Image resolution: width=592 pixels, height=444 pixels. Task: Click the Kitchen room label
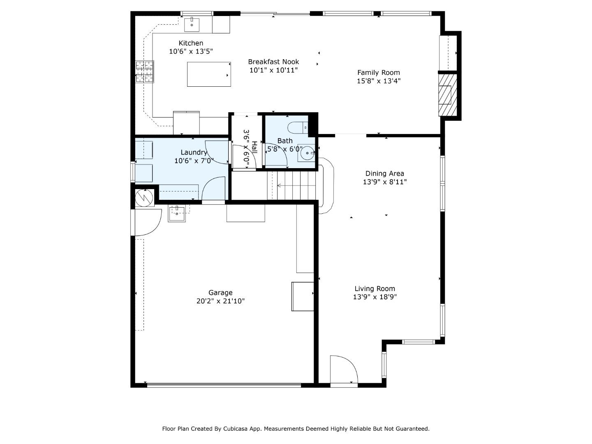[x=191, y=43]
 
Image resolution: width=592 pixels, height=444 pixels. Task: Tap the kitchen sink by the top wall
[x=192, y=25]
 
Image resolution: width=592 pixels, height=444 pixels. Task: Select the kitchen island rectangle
[x=209, y=74]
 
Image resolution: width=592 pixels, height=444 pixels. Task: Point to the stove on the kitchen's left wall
[x=144, y=72]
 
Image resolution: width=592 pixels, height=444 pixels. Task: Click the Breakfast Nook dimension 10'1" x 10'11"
[x=273, y=70]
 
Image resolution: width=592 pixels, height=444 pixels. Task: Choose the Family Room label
[x=378, y=73]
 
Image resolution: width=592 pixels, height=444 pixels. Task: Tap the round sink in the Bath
[x=307, y=153]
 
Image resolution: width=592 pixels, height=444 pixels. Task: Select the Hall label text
[x=254, y=148]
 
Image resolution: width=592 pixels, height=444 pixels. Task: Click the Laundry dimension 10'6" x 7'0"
[x=194, y=161]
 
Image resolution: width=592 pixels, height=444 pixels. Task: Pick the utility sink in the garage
[x=177, y=213]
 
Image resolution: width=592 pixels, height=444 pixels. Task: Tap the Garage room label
[x=220, y=293]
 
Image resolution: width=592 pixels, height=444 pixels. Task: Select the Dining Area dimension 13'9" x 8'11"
[x=384, y=182]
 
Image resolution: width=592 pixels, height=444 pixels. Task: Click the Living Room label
[x=375, y=289]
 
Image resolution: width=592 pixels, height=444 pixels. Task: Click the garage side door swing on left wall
[x=147, y=222]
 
